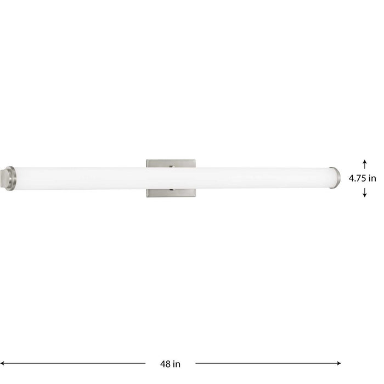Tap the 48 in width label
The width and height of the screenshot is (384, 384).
click(171, 363)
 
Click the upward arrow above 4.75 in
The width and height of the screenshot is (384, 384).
click(365, 163)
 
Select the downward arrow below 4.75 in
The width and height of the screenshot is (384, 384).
click(365, 193)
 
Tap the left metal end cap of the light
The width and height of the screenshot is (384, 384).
click(11, 178)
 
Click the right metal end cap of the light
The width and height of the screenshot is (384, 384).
click(335, 178)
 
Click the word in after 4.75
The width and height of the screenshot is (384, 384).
click(373, 178)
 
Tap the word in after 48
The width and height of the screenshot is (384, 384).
click(177, 363)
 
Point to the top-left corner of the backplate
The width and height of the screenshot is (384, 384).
click(147, 160)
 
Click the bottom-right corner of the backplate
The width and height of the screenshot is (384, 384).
click(195, 196)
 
